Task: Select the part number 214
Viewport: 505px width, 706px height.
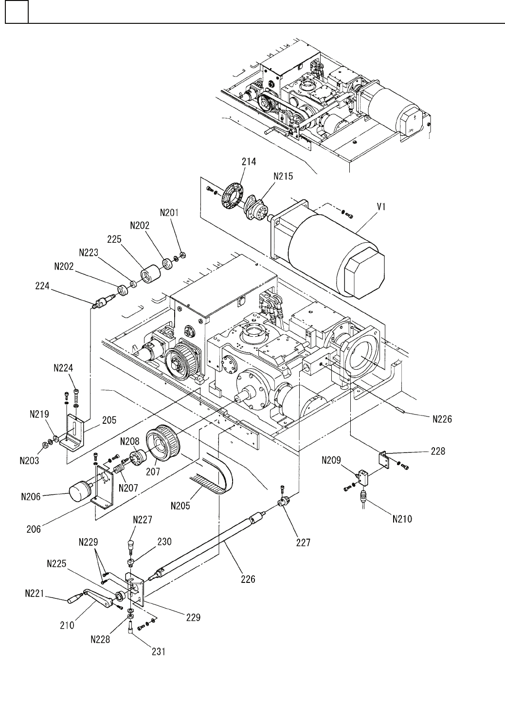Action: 249,162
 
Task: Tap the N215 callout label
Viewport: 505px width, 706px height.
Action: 283,177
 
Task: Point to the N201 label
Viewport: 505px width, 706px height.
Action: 170,212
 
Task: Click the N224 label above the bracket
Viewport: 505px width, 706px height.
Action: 63,369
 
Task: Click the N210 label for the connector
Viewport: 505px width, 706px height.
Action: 401,519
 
